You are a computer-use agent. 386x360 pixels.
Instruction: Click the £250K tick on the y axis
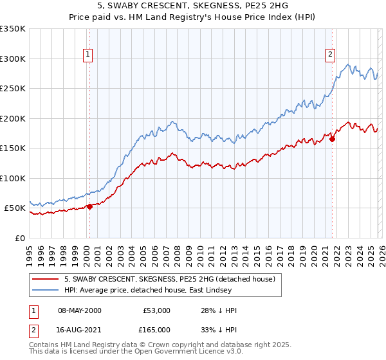point(13,89)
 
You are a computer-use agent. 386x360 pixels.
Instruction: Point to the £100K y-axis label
point(13,178)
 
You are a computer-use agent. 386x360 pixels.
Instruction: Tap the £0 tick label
point(21,238)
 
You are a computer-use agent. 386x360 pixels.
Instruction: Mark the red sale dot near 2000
point(90,206)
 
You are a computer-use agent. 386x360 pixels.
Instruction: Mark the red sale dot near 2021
point(332,139)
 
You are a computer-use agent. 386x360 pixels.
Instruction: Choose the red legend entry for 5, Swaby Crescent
point(170,279)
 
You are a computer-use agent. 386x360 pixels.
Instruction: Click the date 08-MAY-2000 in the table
point(80,310)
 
